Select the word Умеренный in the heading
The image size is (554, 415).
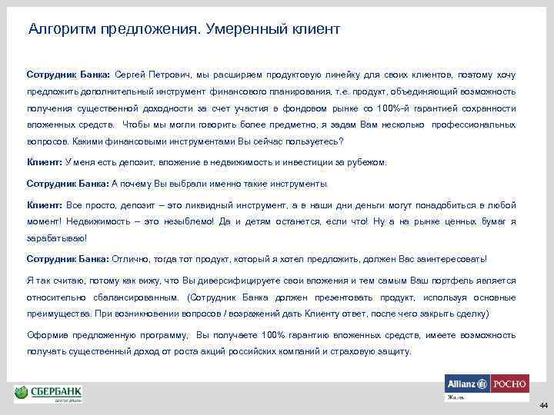pyautogui.click(x=243, y=30)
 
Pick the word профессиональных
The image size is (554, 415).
pyautogui.click(x=474, y=124)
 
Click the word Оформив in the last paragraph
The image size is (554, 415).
pyautogui.click(x=48, y=336)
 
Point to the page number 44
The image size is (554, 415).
pyautogui.click(x=543, y=405)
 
